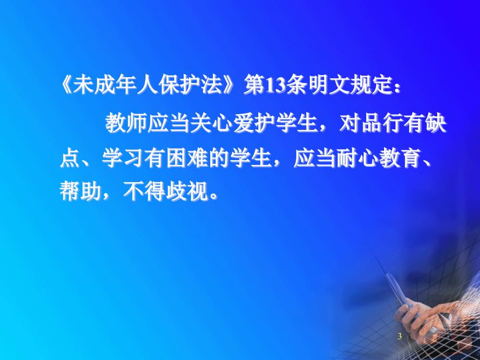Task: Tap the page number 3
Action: tap(400, 336)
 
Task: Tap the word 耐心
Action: tap(356, 159)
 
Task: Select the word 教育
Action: tap(399, 159)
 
